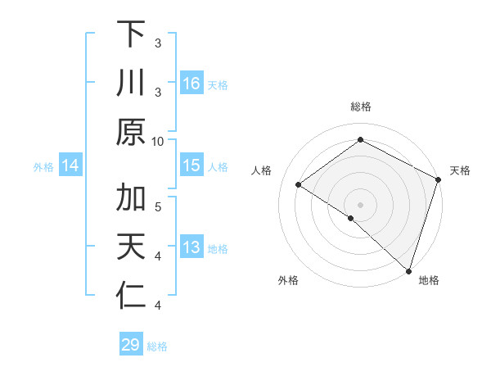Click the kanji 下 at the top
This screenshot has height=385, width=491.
[x=131, y=36]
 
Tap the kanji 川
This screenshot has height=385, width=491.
[x=131, y=84]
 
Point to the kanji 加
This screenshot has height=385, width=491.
[x=131, y=200]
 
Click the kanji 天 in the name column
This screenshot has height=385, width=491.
[x=131, y=247]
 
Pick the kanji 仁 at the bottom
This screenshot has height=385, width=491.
[x=131, y=295]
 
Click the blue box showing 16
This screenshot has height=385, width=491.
[x=191, y=84]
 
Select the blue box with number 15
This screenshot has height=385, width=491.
[x=191, y=165]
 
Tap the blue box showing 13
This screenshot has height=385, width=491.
[x=191, y=248]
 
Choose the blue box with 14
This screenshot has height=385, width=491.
[x=70, y=166]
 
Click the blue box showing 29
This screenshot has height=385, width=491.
[x=130, y=345]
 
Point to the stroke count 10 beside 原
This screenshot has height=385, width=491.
[x=158, y=140]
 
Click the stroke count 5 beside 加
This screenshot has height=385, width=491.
[x=158, y=206]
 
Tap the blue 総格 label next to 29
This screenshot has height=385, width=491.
[x=157, y=346]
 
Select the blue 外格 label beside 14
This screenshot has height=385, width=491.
[x=43, y=167]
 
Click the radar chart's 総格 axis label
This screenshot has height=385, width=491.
[x=360, y=106]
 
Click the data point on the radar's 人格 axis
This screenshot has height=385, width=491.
[x=299, y=184]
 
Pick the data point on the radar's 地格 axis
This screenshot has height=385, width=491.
[x=407, y=269]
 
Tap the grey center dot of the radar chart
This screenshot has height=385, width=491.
[x=360, y=204]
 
